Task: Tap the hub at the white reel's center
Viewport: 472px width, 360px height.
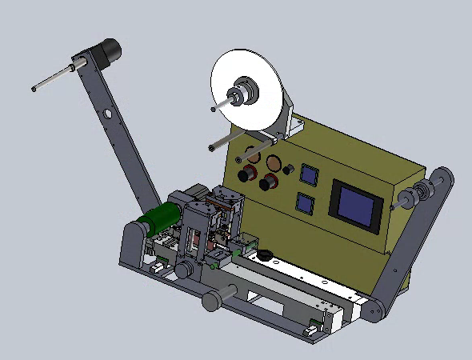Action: coord(238,97)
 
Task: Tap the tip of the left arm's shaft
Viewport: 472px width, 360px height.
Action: coord(34,89)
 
